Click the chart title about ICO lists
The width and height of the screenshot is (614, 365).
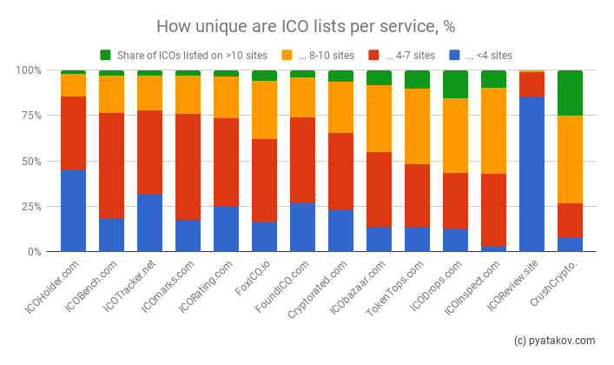click(x=307, y=26)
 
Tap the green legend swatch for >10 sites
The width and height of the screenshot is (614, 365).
click(x=105, y=55)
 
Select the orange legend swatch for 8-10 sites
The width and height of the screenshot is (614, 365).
click(x=287, y=55)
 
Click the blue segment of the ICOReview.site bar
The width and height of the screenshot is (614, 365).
click(x=531, y=174)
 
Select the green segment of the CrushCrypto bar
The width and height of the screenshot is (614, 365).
click(x=570, y=92)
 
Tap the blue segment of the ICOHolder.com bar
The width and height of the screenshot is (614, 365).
click(x=73, y=210)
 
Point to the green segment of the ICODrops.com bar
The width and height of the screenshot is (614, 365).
click(x=455, y=84)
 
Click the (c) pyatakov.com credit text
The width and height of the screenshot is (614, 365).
click(x=554, y=341)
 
